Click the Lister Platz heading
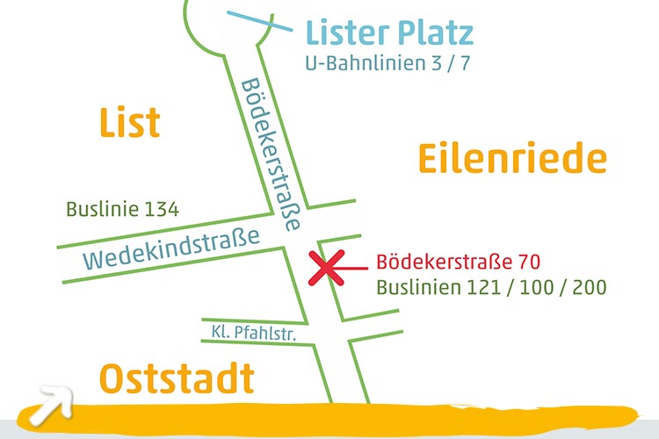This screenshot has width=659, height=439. pos(389,33)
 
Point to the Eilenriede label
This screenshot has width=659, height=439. pos(511,159)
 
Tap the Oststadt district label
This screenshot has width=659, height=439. pos(176,379)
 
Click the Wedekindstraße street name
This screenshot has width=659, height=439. pos(172,248)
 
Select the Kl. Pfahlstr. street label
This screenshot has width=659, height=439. pos(251,333)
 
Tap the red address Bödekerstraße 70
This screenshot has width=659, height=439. pos(457,262)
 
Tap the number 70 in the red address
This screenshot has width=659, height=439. pos(528,262)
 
